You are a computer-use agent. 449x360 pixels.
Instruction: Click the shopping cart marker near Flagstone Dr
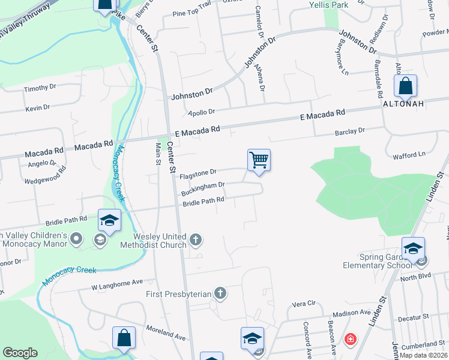(259, 161)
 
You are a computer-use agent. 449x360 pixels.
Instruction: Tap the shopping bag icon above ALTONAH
(406, 86)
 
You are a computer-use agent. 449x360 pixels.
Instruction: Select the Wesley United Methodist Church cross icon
(195, 241)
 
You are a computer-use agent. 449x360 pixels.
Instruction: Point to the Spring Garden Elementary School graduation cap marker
(414, 249)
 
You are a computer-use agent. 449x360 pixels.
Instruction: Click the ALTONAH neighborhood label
(404, 103)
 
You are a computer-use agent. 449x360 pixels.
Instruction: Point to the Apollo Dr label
(201, 112)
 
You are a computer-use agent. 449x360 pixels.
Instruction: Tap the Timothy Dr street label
(40, 88)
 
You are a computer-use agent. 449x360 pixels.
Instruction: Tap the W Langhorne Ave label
(117, 281)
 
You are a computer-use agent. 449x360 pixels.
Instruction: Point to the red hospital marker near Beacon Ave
(349, 340)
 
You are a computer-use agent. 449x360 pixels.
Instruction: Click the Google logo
(20, 353)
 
